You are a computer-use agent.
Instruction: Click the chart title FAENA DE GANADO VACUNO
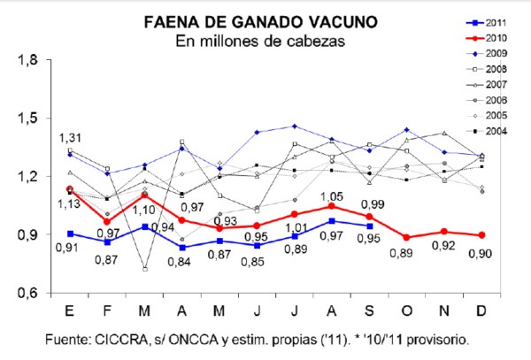coord(261,22)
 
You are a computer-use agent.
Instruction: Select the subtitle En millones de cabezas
coord(260,42)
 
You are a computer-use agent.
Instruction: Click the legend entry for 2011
coord(487,23)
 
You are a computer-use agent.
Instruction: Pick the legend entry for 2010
coord(487,38)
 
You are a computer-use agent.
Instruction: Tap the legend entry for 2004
coord(487,131)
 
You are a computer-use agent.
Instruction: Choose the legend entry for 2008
coord(487,69)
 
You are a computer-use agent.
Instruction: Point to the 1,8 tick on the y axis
coord(27,60)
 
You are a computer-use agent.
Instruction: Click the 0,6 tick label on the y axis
coord(27,293)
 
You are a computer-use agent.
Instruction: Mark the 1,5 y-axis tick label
coord(27,119)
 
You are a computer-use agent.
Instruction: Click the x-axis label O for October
coord(407,310)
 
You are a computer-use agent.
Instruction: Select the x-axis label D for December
coord(481,310)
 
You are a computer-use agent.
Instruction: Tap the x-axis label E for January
coord(69,310)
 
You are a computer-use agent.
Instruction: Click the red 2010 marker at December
coord(482,235)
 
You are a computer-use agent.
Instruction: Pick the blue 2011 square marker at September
coord(370,226)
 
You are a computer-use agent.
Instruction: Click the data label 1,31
coord(71,138)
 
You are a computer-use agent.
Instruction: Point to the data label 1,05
coord(332,196)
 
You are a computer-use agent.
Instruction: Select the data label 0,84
coord(179,262)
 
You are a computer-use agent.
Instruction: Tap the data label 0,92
coord(443,246)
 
